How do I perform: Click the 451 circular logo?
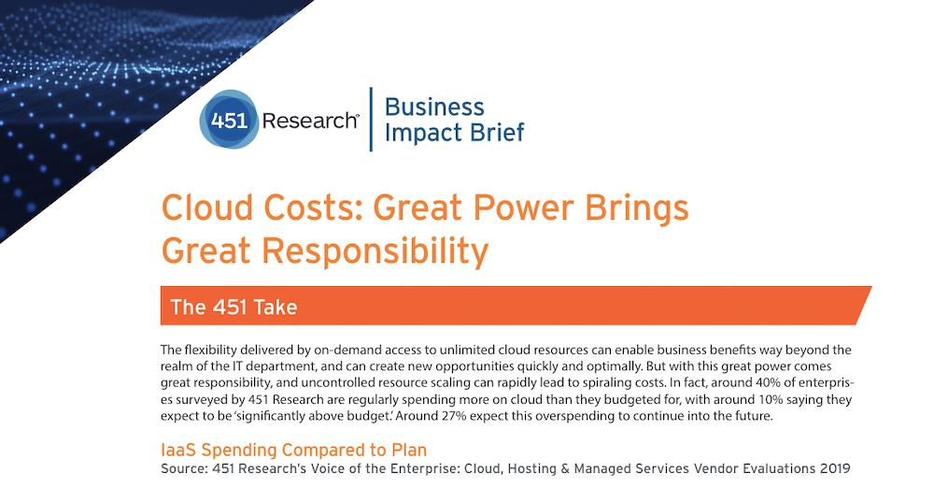click(x=229, y=120)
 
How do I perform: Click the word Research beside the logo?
click(x=310, y=121)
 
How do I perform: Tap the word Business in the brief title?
click(x=434, y=107)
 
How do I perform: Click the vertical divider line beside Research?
click(x=371, y=120)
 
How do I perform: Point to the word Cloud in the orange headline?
click(x=207, y=208)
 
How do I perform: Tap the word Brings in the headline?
click(x=637, y=208)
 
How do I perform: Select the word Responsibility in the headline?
click(x=375, y=251)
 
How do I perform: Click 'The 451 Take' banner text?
click(x=233, y=307)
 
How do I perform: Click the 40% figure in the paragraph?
click(x=768, y=382)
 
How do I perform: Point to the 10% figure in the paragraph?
click(x=771, y=399)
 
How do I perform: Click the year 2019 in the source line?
click(x=835, y=468)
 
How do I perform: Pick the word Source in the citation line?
click(x=184, y=468)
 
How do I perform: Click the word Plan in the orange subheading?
click(x=409, y=450)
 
